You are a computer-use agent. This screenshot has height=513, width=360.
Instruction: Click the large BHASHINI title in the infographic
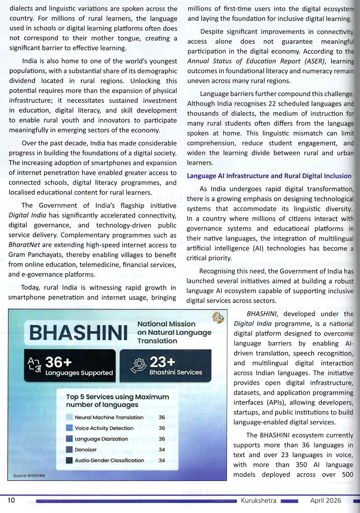coord(78,333)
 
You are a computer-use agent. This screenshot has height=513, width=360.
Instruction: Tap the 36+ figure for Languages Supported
coord(58,362)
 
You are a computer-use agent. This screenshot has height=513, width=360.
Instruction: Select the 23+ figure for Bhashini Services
coord(162,362)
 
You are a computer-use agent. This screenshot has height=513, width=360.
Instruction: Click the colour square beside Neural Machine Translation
coord(70,417)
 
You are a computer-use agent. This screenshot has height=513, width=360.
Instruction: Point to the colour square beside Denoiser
coord(70,449)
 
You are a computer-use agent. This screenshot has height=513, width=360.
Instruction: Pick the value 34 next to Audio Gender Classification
coord(162,460)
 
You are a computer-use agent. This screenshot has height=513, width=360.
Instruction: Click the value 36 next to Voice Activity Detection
coord(162,428)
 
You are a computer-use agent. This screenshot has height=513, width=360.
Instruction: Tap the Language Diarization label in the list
coord(101,439)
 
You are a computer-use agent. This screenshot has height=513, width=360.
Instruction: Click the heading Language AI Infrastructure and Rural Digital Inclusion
coord(269,176)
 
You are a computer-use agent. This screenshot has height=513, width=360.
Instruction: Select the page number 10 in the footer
coord(11,500)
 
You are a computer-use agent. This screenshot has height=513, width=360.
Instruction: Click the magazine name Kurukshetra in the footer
coord(258,500)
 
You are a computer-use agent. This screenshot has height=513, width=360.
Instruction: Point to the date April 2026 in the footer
coord(325,500)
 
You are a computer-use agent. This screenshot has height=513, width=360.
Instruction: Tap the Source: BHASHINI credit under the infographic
coord(29,476)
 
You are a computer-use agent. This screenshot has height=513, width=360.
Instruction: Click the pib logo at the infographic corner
coord(218,317)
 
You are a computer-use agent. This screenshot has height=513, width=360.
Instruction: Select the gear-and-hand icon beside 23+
coord(139,366)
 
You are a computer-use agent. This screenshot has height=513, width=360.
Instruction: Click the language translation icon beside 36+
coord(34,365)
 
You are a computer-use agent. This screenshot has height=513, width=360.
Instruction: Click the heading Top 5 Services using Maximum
coord(117,397)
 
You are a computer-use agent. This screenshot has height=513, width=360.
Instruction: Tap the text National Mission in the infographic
coord(166,324)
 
